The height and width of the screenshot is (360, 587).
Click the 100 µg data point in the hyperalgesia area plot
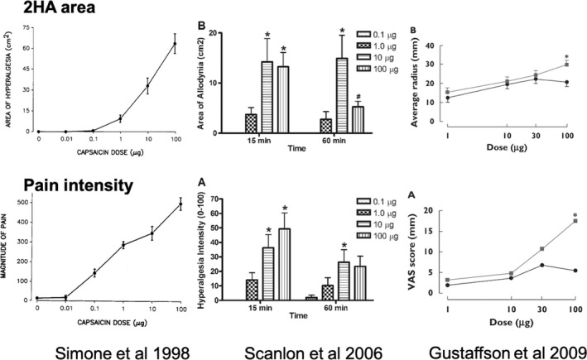click(x=175, y=44)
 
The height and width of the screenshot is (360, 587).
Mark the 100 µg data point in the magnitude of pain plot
click(x=175, y=204)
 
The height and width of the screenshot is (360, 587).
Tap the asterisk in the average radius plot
click(x=566, y=55)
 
